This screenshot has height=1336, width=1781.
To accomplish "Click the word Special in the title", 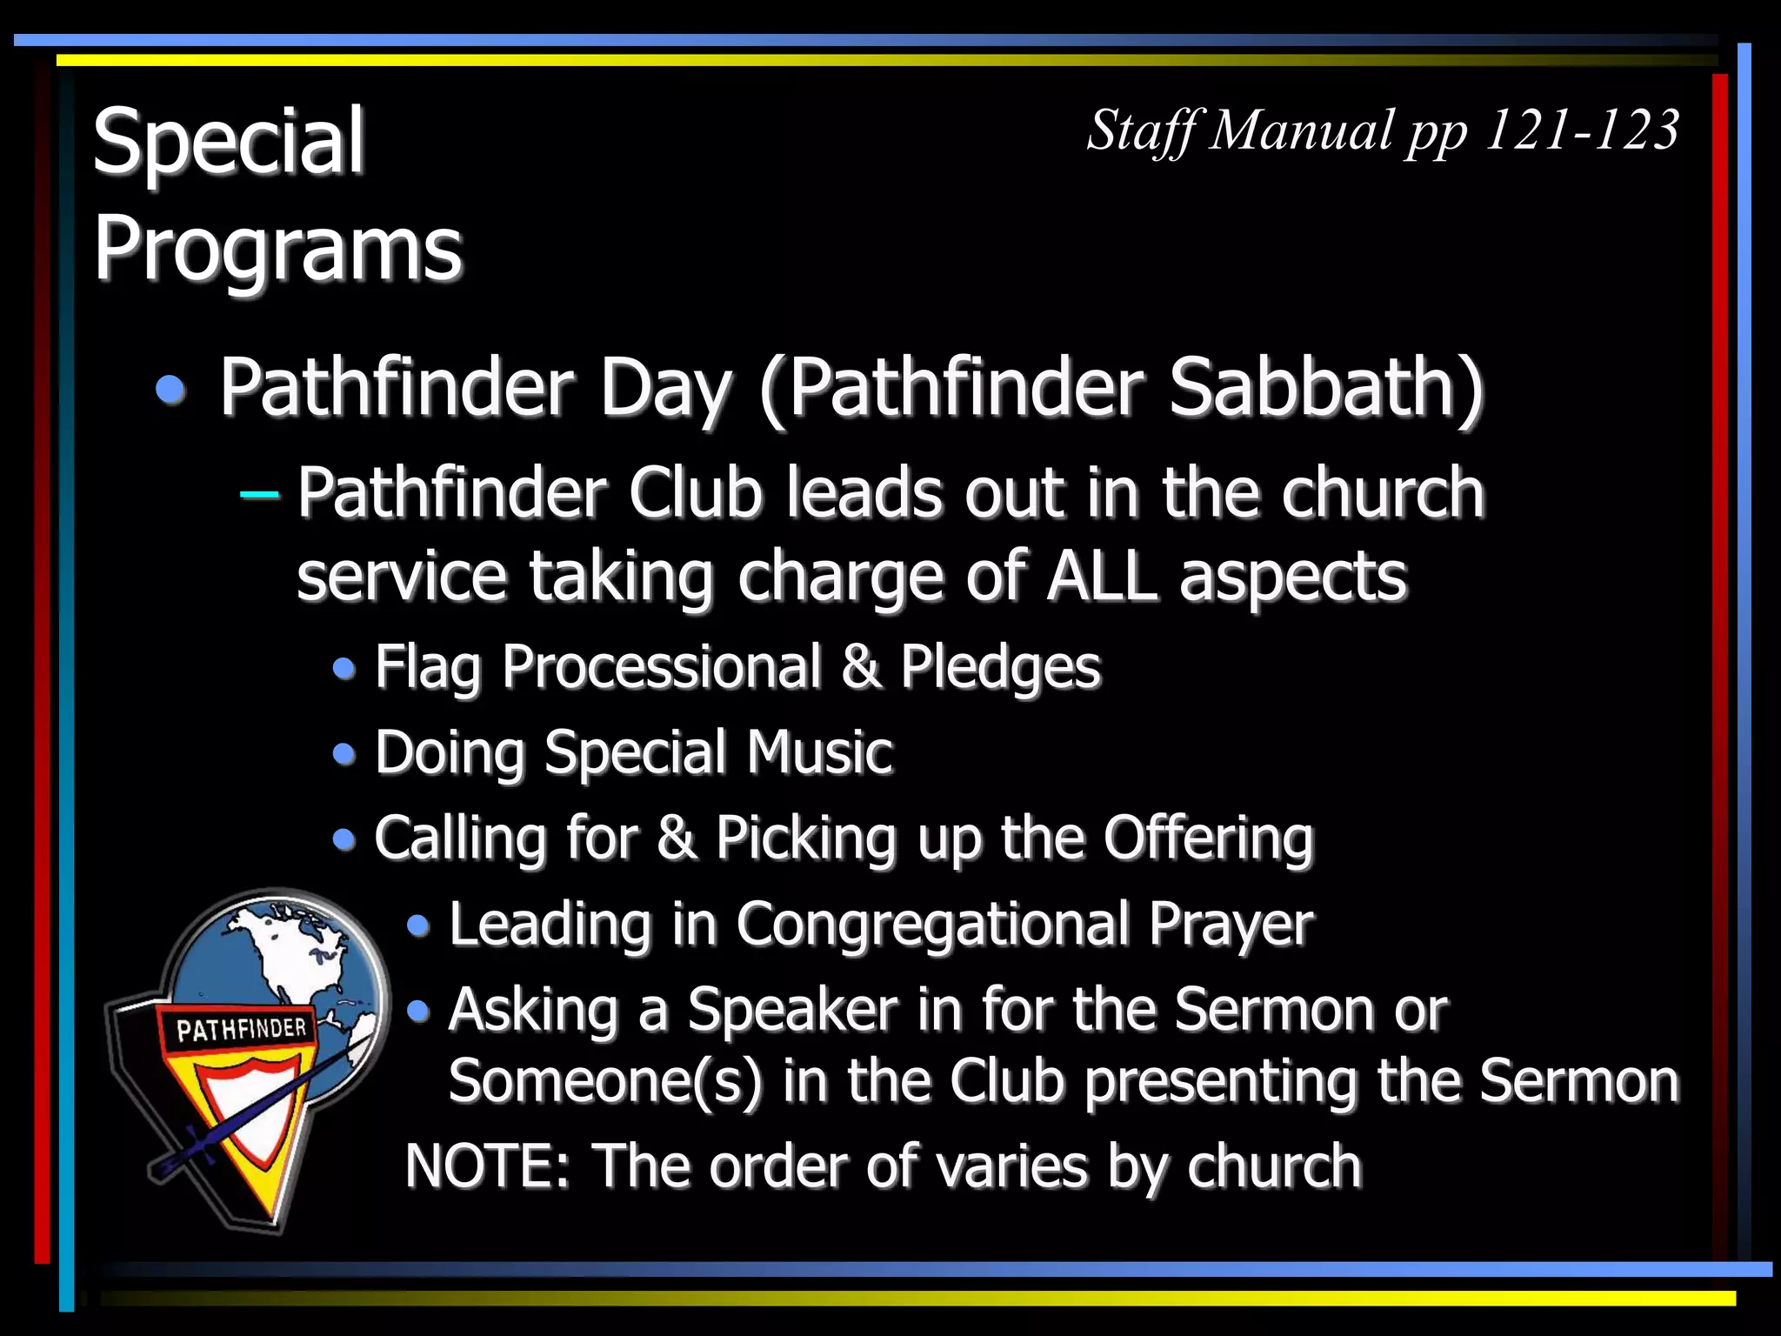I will coord(228,141).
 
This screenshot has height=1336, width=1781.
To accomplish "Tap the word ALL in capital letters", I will coord(1102,577).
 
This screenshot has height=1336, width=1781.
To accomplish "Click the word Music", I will coord(819,752).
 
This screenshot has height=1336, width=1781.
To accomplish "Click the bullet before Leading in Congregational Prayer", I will coord(418,925).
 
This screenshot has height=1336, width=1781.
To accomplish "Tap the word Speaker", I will coord(791,1010).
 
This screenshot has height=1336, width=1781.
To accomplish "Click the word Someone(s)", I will coord(604,1081).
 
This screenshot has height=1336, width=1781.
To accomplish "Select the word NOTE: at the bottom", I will coord(487,1166).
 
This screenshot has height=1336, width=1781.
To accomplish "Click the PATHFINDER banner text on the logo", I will coord(241,1030).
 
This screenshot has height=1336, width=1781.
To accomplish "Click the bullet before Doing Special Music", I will coord(344,753).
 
